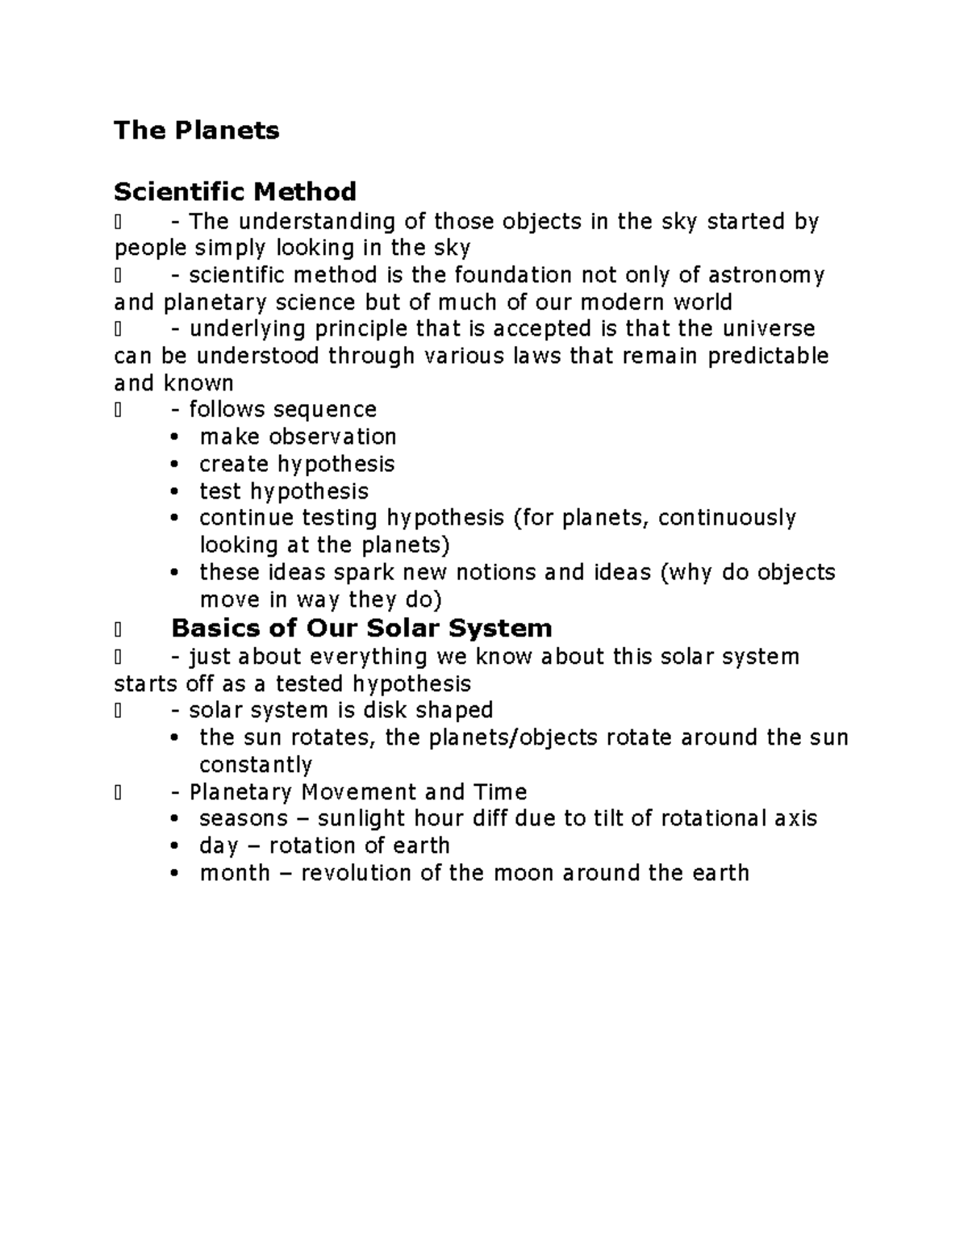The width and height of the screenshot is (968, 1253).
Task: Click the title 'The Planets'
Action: point(196,130)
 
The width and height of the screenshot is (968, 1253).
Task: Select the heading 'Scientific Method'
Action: point(235,192)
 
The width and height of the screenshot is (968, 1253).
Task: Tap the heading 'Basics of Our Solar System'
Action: point(361,628)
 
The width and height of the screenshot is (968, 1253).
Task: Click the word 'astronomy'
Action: point(766,276)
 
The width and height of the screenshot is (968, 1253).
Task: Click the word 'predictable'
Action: point(767,356)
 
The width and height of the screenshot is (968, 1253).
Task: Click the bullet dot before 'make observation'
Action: point(175,437)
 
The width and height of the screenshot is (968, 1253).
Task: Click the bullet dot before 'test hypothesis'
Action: point(175,491)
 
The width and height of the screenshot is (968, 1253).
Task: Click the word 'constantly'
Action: point(255,765)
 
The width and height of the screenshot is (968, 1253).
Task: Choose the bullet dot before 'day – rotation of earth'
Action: point(175,846)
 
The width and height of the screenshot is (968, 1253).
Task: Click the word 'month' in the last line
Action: point(235,873)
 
